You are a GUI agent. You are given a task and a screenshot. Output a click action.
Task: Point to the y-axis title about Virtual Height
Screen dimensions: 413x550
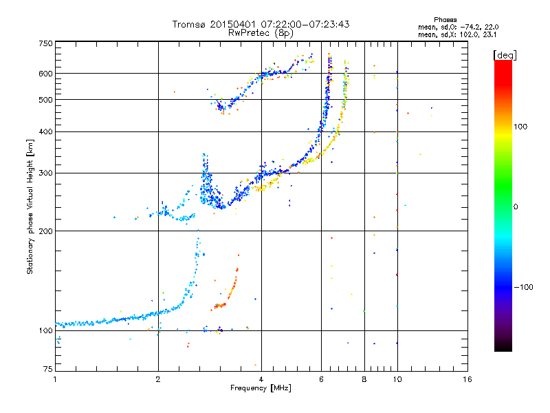(x=30, y=206)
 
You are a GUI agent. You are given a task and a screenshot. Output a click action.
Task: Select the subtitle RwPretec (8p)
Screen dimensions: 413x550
(x=261, y=32)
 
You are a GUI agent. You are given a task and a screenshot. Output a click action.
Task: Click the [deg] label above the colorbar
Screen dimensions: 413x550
(x=505, y=54)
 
